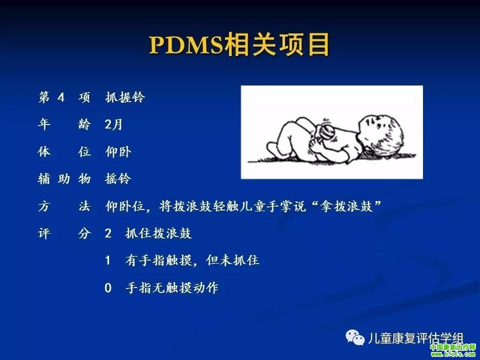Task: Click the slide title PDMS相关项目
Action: tap(239, 45)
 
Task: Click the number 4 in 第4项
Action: tap(61, 97)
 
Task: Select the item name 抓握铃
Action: tap(125, 97)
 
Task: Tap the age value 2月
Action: tap(113, 124)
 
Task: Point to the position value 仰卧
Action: tap(118, 151)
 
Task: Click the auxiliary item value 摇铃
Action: tap(118, 178)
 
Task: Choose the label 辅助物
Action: tap(64, 179)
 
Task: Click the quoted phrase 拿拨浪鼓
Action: tap(346, 206)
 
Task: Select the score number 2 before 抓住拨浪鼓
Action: tap(108, 233)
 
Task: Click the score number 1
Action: tap(108, 260)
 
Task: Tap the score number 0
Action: tap(108, 288)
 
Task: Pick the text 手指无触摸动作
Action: tap(171, 288)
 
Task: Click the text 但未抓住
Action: tap(232, 260)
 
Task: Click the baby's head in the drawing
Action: tap(380, 134)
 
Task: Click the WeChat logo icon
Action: tap(355, 337)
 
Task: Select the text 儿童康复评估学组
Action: tap(415, 338)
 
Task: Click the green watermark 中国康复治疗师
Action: tap(453, 347)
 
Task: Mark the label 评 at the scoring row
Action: tap(44, 233)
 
